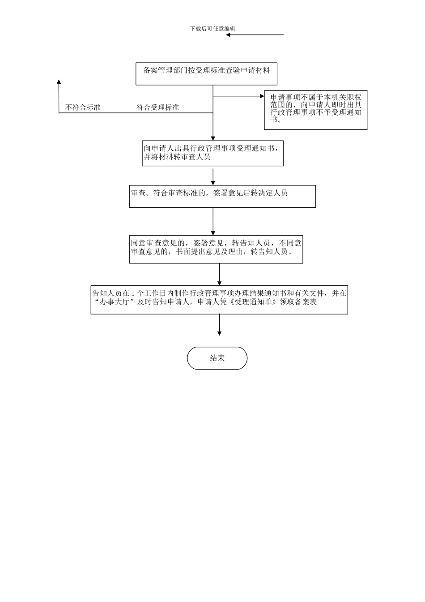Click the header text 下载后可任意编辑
pos(212,29)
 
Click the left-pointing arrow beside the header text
pos(255,35)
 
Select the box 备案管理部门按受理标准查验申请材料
pos(206,74)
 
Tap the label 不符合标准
pos(83,107)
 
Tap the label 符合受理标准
pos(158,107)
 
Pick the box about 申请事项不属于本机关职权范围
pos(315,111)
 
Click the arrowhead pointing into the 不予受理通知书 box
pos(262,96)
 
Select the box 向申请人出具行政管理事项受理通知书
pos(212,154)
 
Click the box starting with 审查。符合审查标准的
pos(222,197)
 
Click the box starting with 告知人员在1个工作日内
pos(219,300)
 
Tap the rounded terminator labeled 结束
pos(217,358)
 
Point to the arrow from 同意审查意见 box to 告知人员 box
pos(219,275)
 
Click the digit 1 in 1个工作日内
pos(133,293)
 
